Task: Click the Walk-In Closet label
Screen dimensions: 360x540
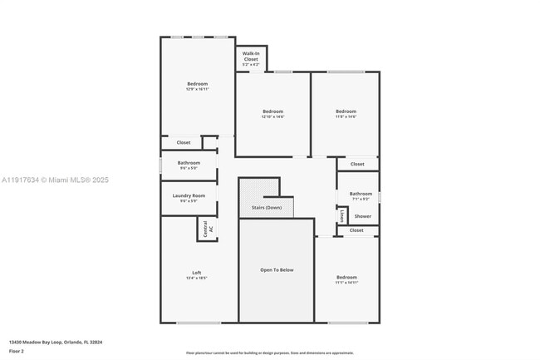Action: pyautogui.click(x=250, y=57)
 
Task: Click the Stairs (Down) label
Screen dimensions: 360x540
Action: pyautogui.click(x=267, y=207)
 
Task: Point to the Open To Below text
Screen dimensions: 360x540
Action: pyautogui.click(x=276, y=269)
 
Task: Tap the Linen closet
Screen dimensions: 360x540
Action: pyautogui.click(x=341, y=215)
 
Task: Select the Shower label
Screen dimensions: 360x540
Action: pyautogui.click(x=362, y=215)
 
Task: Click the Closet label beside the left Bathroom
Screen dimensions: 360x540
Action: pyautogui.click(x=183, y=142)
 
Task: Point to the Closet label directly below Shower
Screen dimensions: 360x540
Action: pyautogui.click(x=356, y=230)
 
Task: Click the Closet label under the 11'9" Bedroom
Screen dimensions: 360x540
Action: pyautogui.click(x=357, y=164)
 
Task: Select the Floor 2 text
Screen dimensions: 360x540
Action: pyautogui.click(x=17, y=351)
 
